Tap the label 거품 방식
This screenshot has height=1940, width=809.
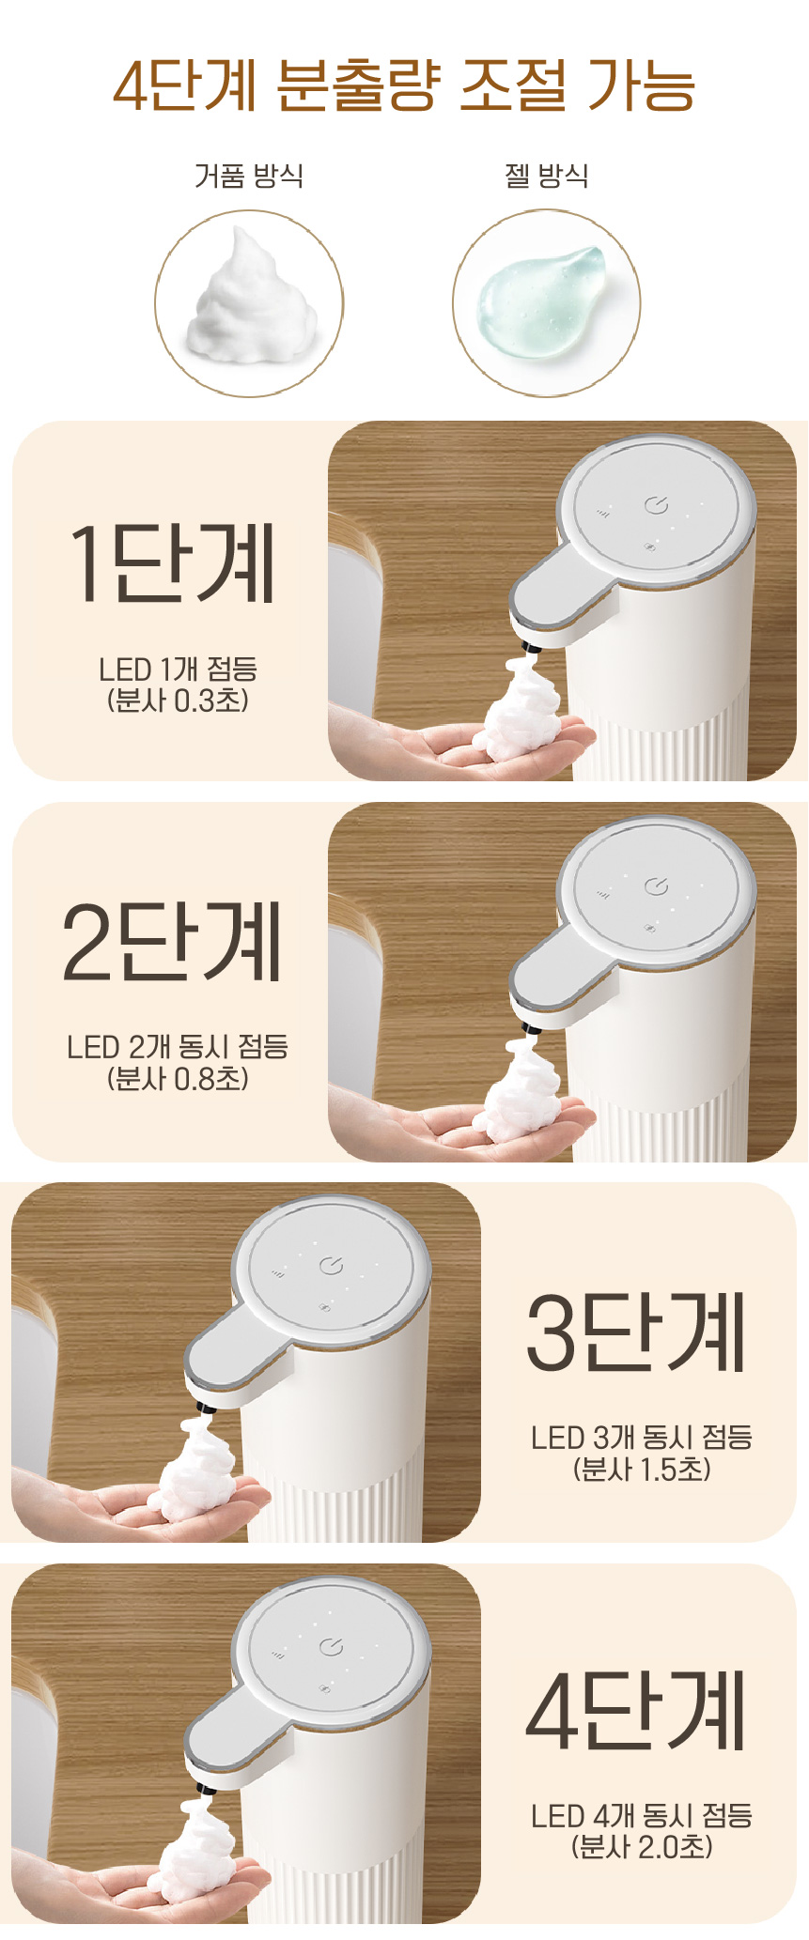click(x=249, y=176)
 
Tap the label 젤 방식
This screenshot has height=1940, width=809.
click(x=547, y=176)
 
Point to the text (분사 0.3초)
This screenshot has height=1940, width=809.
click(x=178, y=701)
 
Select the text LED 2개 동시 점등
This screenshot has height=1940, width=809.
click(x=178, y=1047)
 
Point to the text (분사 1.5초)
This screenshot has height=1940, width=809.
click(x=642, y=1470)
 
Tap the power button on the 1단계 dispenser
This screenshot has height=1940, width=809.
click(x=657, y=506)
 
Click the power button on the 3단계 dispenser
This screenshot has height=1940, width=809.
click(x=331, y=1266)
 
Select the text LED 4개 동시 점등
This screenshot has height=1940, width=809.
click(x=642, y=1816)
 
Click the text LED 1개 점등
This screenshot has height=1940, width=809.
click(x=178, y=670)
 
